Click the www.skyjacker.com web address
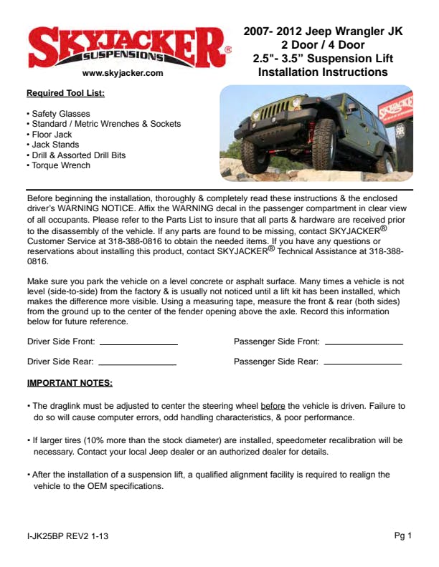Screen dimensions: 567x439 123,73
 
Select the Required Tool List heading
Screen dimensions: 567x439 65,93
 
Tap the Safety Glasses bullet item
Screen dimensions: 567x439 60,114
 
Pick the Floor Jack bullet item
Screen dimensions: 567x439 51,135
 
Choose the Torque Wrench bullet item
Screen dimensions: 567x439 60,165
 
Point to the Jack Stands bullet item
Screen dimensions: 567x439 54,145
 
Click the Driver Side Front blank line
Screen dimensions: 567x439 138,344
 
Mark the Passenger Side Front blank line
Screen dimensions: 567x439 363,344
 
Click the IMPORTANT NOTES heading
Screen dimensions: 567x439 70,383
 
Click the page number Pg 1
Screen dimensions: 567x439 402,535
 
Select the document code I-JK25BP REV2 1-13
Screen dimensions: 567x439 68,536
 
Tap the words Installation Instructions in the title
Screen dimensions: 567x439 323,72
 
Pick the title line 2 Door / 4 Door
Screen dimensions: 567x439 323,45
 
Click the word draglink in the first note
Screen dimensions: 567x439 66,405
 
